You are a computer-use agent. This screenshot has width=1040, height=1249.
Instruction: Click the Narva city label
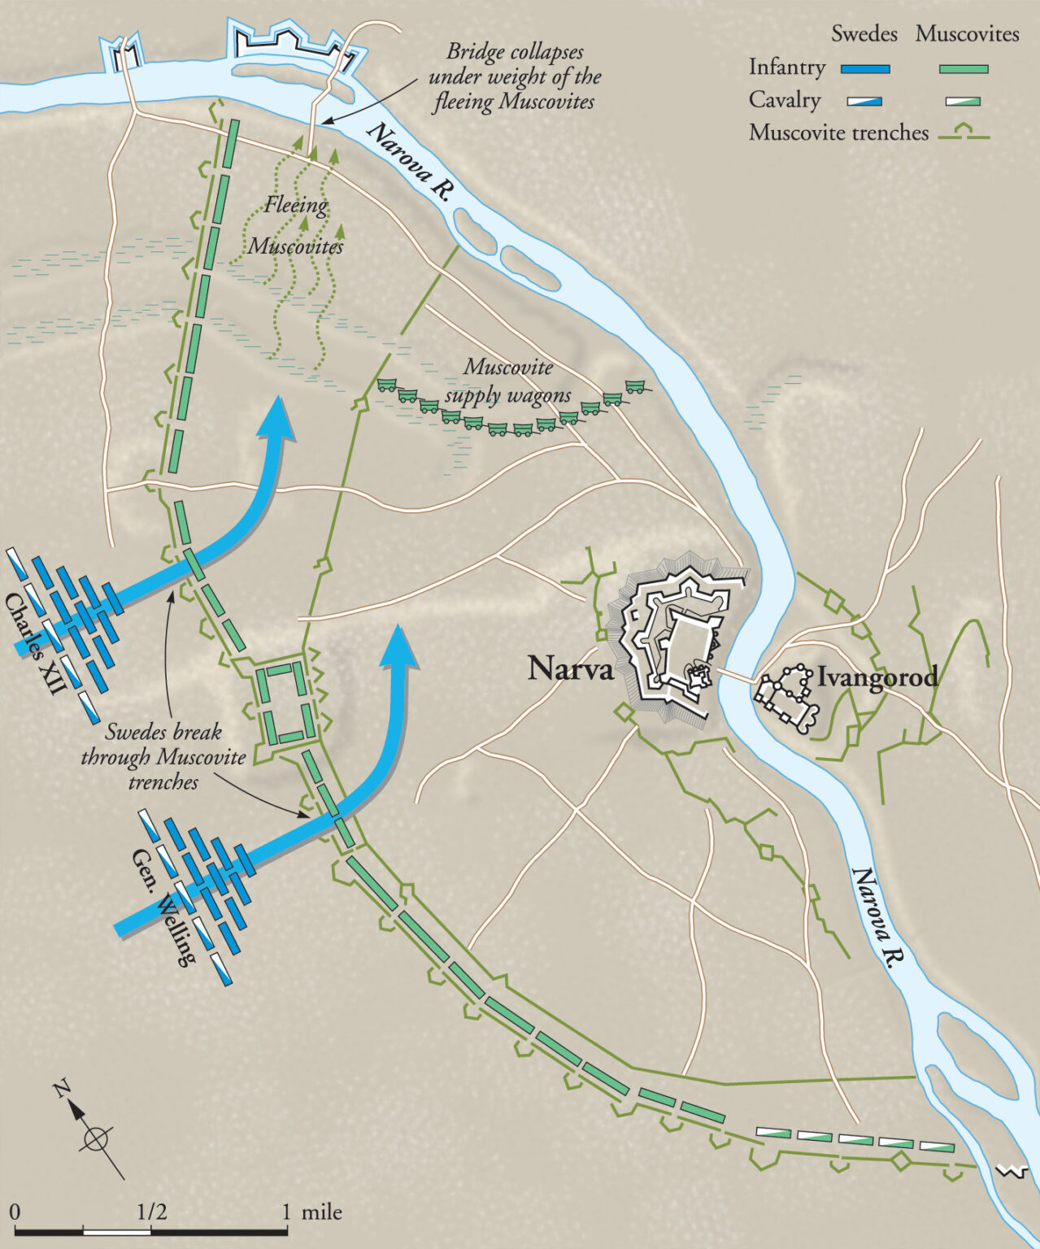(570, 668)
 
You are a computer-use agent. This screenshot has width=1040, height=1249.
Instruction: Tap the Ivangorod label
(877, 677)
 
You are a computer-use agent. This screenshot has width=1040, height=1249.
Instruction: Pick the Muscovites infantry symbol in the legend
(964, 69)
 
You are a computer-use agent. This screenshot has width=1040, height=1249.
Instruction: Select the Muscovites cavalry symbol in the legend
(964, 102)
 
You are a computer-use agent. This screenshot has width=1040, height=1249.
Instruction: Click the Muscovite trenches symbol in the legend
(964, 133)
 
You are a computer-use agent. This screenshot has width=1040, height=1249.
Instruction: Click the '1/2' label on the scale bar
(151, 1212)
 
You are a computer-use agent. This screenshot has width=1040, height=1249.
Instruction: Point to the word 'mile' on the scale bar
(321, 1212)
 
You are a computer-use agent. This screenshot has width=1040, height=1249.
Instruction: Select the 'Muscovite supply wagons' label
(507, 381)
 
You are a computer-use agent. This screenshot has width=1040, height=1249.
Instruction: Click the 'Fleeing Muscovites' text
(296, 225)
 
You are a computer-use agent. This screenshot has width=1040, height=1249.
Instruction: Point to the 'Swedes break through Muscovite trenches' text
(163, 757)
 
